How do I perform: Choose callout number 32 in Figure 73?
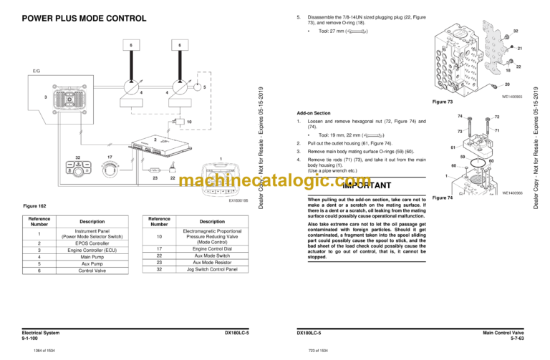tap(516, 31)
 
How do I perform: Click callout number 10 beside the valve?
tap(189, 122)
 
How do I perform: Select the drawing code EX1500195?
tap(238, 201)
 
